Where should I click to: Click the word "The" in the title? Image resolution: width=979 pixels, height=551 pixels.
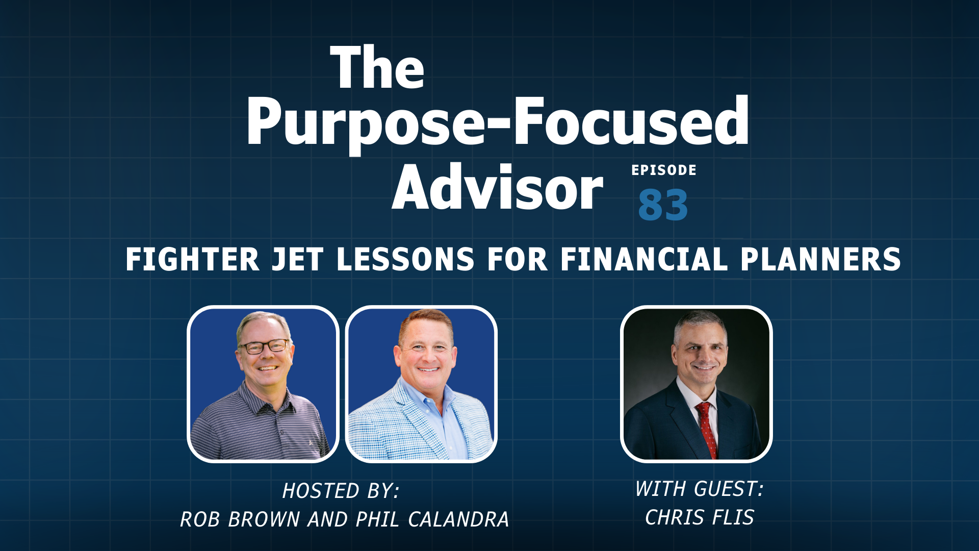coord(377,67)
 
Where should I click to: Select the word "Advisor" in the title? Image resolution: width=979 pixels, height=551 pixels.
coord(498,187)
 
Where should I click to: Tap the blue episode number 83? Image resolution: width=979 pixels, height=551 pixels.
coord(663,205)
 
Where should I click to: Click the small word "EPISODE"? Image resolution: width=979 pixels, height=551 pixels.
coord(664,170)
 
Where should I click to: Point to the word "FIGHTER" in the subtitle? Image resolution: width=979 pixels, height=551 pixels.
coord(192,259)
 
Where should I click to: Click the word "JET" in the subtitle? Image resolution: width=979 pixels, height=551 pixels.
coord(297,259)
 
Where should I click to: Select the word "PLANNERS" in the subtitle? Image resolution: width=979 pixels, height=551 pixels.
coord(821,259)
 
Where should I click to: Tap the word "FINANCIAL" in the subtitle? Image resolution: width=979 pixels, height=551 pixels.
coord(644,259)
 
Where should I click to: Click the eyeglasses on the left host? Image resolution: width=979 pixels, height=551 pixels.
coord(264,347)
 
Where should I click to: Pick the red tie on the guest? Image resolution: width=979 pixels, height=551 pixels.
coord(707,429)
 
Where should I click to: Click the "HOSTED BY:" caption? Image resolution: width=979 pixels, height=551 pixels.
coord(341,491)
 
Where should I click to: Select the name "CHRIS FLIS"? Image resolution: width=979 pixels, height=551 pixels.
coord(699,517)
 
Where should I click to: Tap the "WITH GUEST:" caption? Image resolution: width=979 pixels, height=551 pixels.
coord(699,489)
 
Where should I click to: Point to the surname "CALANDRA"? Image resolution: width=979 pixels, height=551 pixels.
coord(458,519)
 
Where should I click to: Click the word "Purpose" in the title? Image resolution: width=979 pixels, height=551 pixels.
coord(365,125)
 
